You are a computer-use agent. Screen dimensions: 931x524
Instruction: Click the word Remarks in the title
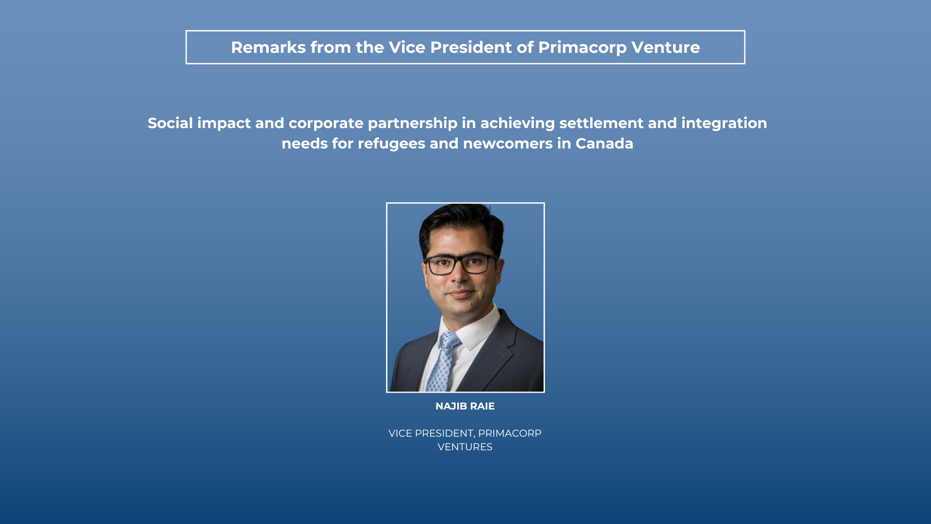tap(268, 48)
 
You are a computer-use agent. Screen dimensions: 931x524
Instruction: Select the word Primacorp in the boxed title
tap(582, 48)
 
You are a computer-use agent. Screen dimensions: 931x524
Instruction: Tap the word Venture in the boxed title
tap(666, 48)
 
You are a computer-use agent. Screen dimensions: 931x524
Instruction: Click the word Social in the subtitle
tap(170, 123)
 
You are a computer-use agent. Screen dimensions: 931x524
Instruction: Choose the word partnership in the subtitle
tap(413, 124)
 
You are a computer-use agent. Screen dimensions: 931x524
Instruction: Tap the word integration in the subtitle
tap(724, 124)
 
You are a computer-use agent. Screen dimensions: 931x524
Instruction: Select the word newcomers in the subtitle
tap(508, 144)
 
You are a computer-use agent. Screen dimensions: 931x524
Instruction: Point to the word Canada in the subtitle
tap(604, 144)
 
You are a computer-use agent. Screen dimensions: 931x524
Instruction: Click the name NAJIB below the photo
tap(451, 406)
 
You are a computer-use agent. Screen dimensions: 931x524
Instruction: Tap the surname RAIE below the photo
tap(482, 406)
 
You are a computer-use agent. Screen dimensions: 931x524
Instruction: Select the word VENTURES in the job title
tap(465, 447)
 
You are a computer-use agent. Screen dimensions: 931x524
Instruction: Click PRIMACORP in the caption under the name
tap(510, 433)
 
